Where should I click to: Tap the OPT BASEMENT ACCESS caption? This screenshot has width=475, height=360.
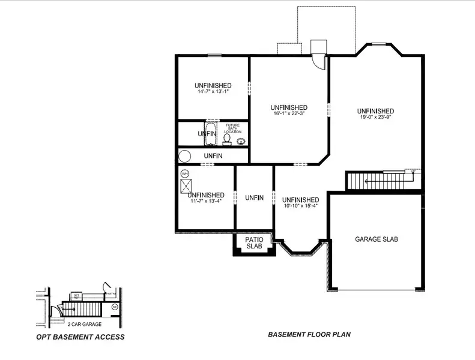point(80,337)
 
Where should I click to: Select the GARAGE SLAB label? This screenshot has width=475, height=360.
point(377,239)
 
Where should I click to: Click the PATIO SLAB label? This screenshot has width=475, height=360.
point(254,243)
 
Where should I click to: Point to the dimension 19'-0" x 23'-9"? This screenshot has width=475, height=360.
point(375,118)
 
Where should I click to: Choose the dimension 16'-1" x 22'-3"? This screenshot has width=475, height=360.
point(289,114)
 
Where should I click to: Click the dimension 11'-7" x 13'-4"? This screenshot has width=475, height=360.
point(205,202)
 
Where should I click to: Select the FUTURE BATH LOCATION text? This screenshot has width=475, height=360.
point(232,128)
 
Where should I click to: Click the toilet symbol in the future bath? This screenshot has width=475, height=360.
point(227,138)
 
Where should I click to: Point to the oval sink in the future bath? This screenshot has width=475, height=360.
point(242,142)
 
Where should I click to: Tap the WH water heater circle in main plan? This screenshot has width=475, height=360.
point(185,173)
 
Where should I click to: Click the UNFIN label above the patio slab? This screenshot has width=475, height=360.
point(254,198)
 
